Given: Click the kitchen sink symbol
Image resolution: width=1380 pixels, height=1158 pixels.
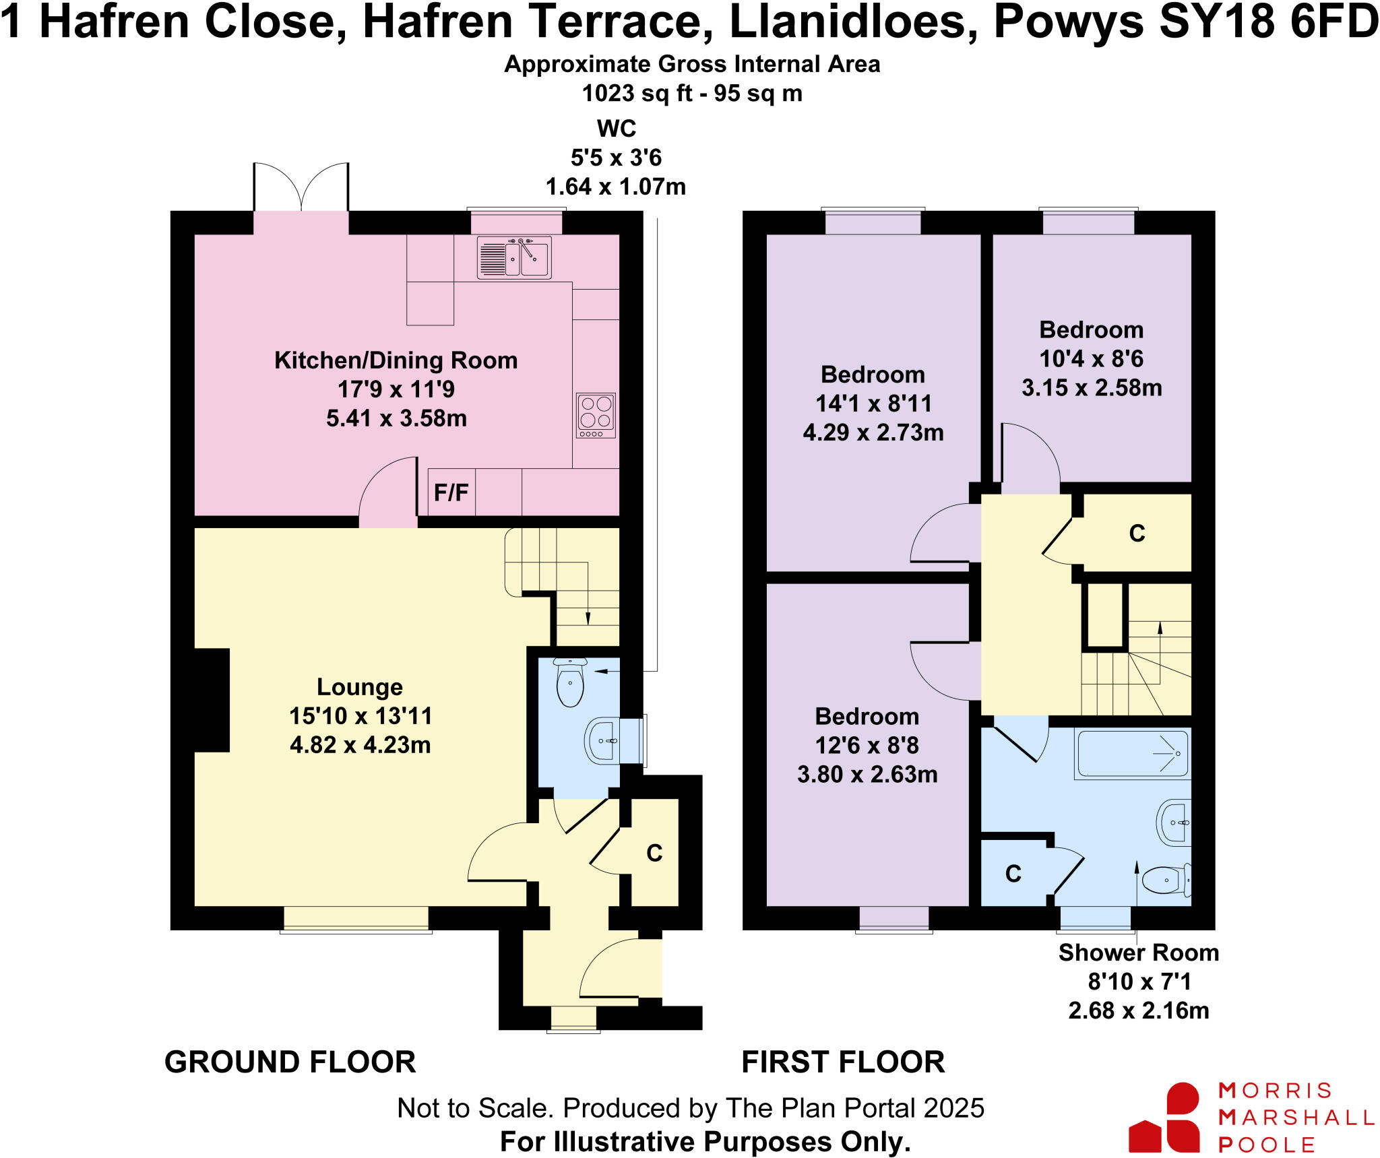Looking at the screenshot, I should (514, 257).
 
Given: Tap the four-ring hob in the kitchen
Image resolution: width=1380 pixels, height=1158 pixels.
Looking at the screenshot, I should (596, 415).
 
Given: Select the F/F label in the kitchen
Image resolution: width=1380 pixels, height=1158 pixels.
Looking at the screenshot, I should (451, 493).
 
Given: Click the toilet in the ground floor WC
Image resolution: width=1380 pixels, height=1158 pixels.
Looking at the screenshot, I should (570, 682).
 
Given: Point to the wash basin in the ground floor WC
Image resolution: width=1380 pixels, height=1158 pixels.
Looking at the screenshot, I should (603, 741).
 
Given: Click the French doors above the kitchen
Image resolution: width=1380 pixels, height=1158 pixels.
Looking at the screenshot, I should (301, 188).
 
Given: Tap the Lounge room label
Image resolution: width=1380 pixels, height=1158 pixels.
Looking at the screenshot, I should (360, 687).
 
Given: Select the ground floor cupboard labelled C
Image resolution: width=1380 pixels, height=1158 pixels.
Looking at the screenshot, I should (654, 853).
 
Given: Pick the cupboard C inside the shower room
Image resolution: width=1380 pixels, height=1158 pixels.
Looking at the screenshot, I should (1013, 874).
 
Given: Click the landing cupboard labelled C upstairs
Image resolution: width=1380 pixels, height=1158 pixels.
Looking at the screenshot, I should (1137, 533).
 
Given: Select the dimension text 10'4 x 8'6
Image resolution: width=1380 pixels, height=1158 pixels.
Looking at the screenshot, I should (1091, 359).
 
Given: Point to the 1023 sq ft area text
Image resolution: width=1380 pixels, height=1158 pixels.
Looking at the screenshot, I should (692, 93).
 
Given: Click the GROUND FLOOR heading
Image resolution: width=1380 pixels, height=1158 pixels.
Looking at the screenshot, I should (290, 1062).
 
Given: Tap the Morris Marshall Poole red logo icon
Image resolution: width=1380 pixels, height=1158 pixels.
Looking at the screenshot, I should (1165, 1117).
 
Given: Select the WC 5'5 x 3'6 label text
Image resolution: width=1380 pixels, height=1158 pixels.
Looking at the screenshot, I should (616, 158).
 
